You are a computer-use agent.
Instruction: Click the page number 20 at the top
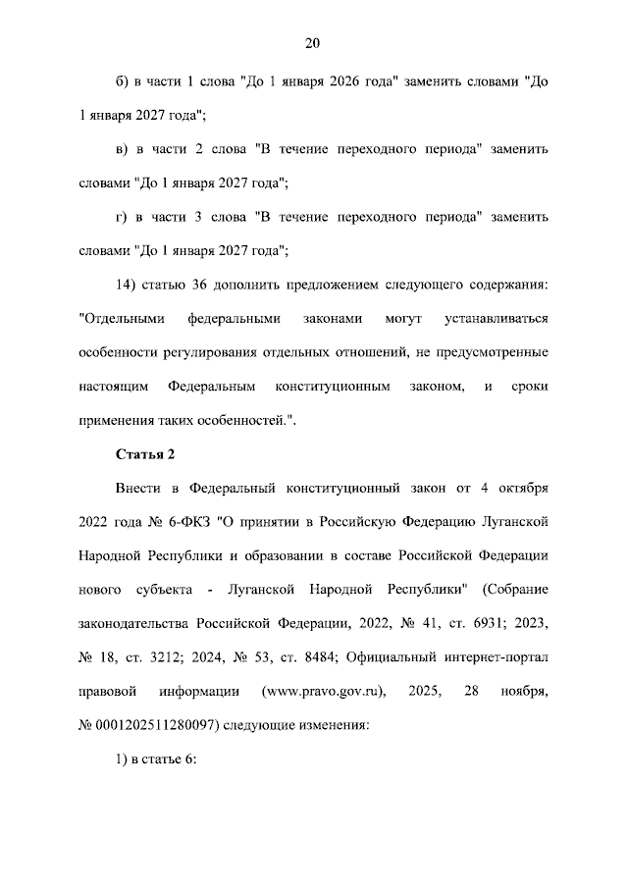pyautogui.click(x=313, y=42)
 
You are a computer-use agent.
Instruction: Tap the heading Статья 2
pyautogui.click(x=145, y=453)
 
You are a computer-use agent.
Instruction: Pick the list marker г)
pyautogui.click(x=122, y=216)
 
